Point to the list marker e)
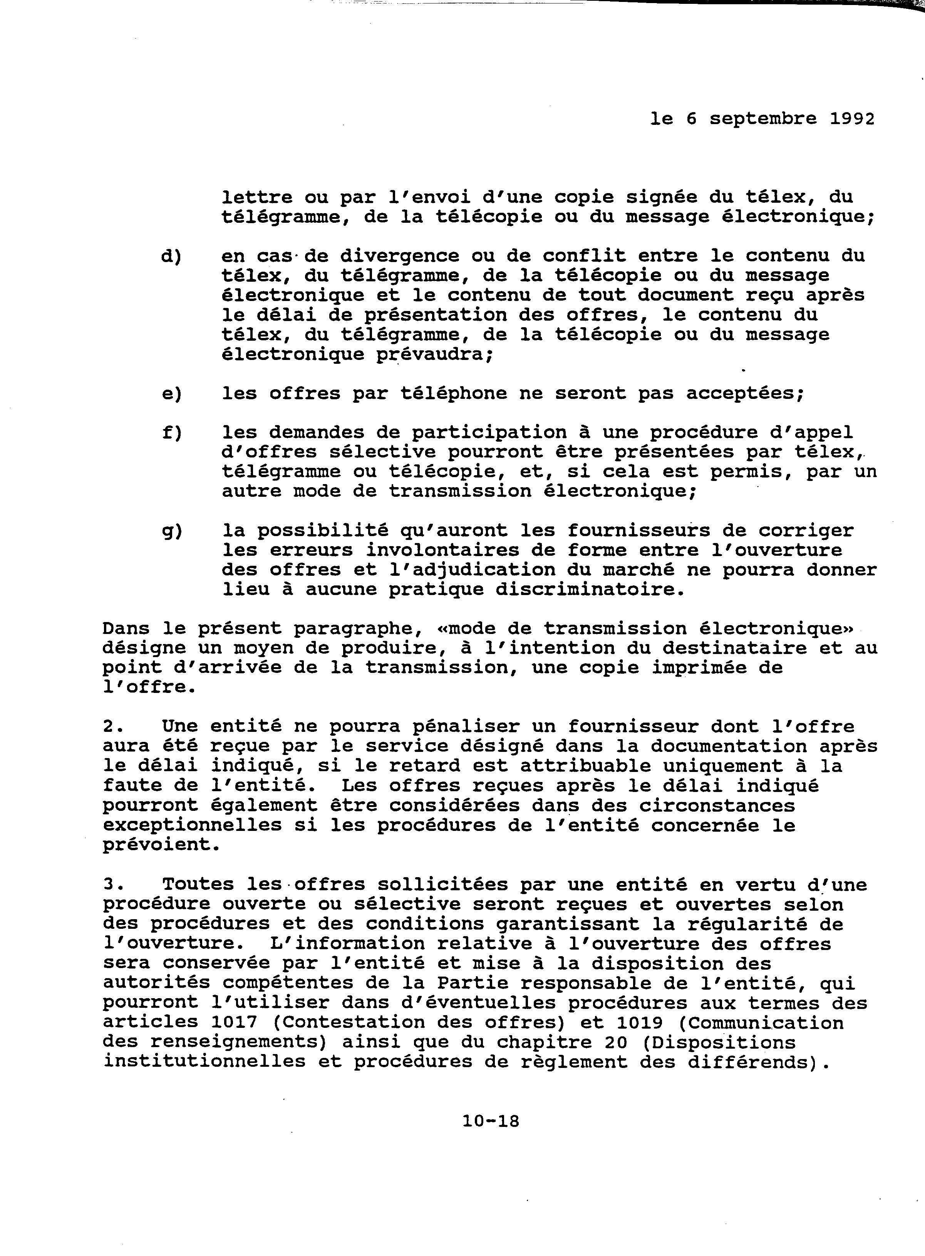(172, 394)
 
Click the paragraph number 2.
(112, 726)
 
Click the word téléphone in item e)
(454, 394)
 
